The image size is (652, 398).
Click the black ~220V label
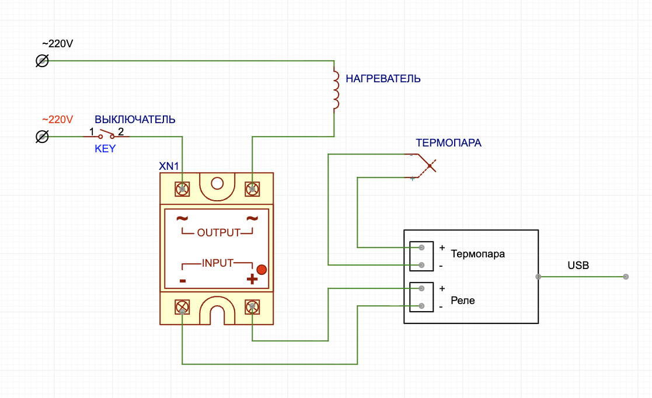[x=57, y=44]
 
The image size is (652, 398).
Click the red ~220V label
[x=57, y=120]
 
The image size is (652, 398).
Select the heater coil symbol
[x=335, y=90]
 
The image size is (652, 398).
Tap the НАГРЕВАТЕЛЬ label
[x=383, y=79]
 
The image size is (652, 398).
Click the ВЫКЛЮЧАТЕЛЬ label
[x=135, y=120]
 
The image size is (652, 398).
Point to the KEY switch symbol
[x=106, y=135]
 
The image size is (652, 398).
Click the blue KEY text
[x=105, y=149]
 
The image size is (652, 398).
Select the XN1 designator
[x=169, y=166]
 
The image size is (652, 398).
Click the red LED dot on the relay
[x=262, y=270]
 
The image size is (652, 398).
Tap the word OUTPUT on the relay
[x=219, y=232]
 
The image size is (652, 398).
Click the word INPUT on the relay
[x=218, y=263]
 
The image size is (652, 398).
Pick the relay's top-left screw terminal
[x=182, y=189]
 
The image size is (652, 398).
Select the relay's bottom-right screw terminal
[x=252, y=308]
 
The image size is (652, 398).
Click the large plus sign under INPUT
[x=252, y=279]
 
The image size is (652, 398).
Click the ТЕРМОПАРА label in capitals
[x=448, y=143]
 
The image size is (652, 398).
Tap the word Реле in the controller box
[x=463, y=301]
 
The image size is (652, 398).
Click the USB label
[x=578, y=266]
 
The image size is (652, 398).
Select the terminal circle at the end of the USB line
[x=626, y=277]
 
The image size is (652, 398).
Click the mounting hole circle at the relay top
[x=217, y=183]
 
